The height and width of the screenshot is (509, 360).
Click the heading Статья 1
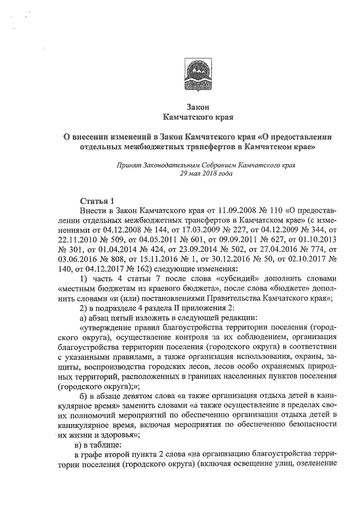[x=97, y=201]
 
